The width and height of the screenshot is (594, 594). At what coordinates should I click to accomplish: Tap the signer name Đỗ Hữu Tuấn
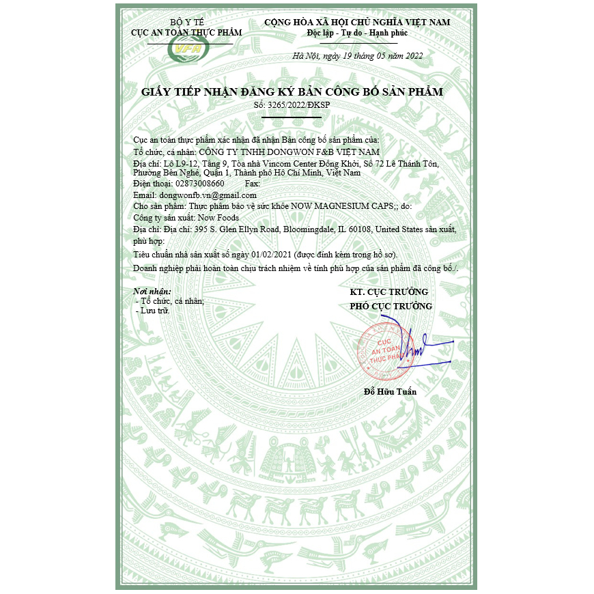tap(390, 392)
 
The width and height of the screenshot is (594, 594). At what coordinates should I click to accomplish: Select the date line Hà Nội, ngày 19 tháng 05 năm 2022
tap(357, 56)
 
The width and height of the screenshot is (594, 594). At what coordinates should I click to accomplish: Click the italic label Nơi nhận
tap(152, 292)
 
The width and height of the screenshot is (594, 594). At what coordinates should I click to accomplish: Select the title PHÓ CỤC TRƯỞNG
tap(391, 307)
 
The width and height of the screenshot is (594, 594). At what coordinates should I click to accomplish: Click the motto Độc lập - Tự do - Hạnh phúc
tap(357, 33)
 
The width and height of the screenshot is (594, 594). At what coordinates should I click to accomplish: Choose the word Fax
tap(252, 184)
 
